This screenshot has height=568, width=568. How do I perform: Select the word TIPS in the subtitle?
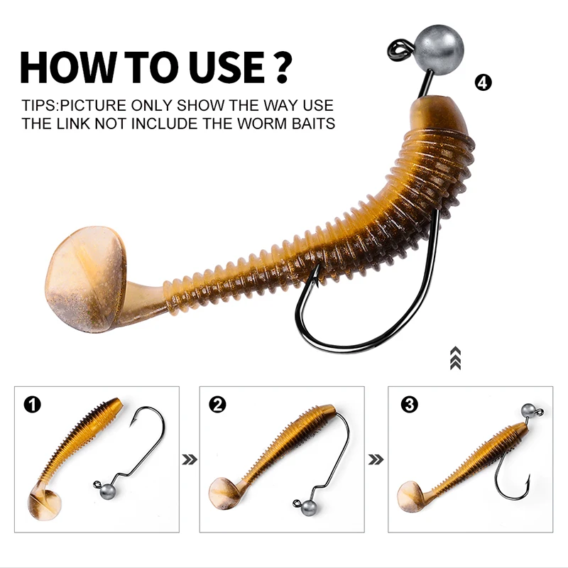pyautogui.click(x=39, y=105)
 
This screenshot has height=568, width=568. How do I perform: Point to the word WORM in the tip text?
pyautogui.click(x=262, y=124)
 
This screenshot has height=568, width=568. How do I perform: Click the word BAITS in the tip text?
pyautogui.click(x=313, y=124)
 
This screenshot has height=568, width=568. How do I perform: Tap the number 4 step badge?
pyautogui.click(x=484, y=83)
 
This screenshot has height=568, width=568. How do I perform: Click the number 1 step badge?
pyautogui.click(x=33, y=404)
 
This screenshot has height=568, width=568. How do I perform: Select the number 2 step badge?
pyautogui.click(x=217, y=404)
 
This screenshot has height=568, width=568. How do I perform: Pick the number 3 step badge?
pyautogui.click(x=410, y=404)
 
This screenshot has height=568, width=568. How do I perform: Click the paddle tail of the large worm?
pyautogui.click(x=86, y=280)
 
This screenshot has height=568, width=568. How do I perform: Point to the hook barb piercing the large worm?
pyautogui.click(x=316, y=276)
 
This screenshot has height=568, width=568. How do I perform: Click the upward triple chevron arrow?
pyautogui.click(x=455, y=359)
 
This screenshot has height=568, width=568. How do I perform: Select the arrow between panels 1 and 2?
pyautogui.click(x=190, y=459)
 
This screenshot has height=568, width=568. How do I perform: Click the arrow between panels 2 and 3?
pyautogui.click(x=376, y=459)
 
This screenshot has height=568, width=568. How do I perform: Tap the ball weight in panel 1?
pyautogui.click(x=108, y=491)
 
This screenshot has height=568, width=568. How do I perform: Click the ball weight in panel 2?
pyautogui.click(x=308, y=508)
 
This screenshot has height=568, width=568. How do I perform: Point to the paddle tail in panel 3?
pyautogui.click(x=410, y=496)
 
